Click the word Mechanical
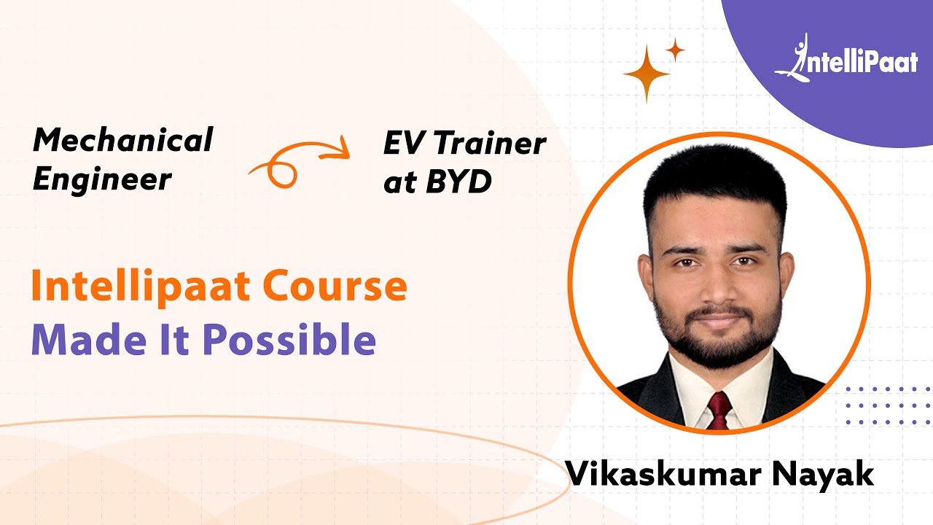coord(122,139)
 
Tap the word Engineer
coord(102,179)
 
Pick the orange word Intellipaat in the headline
coord(142,287)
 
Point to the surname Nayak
coord(827,473)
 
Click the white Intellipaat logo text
coord(860,63)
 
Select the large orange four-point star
coord(647,74)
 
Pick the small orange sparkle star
coord(676,50)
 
